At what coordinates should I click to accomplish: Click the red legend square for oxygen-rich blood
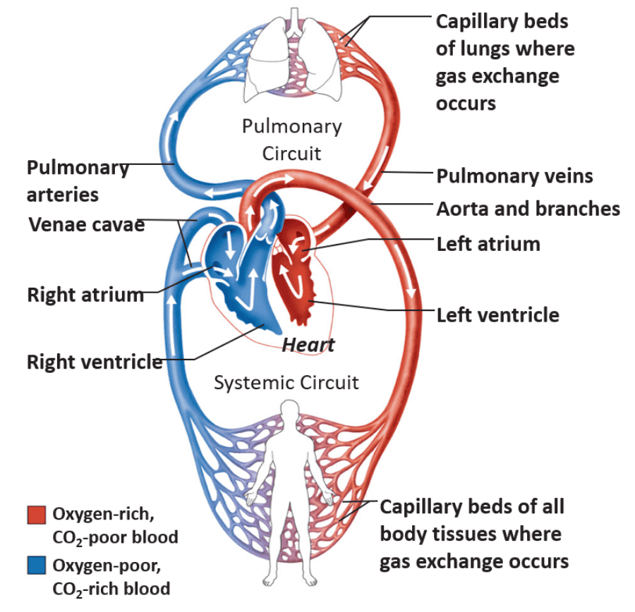click(x=36, y=515)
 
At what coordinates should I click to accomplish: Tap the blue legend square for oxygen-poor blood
click(x=36, y=566)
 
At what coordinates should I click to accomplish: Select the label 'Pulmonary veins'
click(x=514, y=176)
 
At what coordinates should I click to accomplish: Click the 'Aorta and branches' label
click(x=528, y=209)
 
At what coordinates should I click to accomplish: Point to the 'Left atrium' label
click(x=488, y=245)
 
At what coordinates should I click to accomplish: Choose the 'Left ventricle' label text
click(x=498, y=314)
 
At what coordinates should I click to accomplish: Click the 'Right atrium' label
click(x=85, y=295)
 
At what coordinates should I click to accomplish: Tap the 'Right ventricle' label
click(x=95, y=362)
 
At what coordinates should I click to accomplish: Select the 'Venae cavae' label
click(x=86, y=225)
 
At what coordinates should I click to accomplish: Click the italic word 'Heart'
click(x=308, y=345)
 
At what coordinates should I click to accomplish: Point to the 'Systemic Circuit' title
click(x=286, y=383)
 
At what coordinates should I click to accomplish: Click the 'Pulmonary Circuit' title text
click(x=291, y=140)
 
